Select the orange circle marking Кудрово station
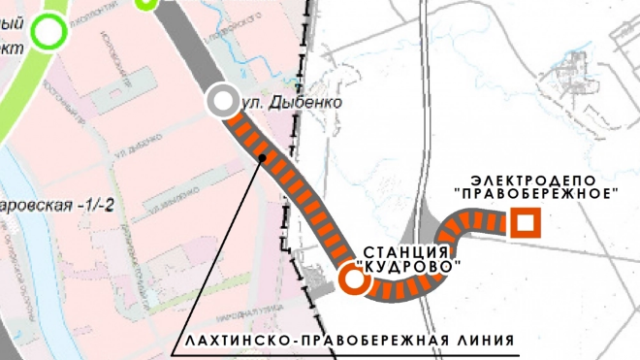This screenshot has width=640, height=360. [x=353, y=280]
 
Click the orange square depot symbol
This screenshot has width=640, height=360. [x=526, y=224]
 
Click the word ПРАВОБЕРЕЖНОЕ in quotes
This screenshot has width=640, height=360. [x=535, y=194]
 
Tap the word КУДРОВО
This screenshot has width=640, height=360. [x=407, y=266]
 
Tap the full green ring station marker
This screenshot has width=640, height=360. [x=47, y=33]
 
